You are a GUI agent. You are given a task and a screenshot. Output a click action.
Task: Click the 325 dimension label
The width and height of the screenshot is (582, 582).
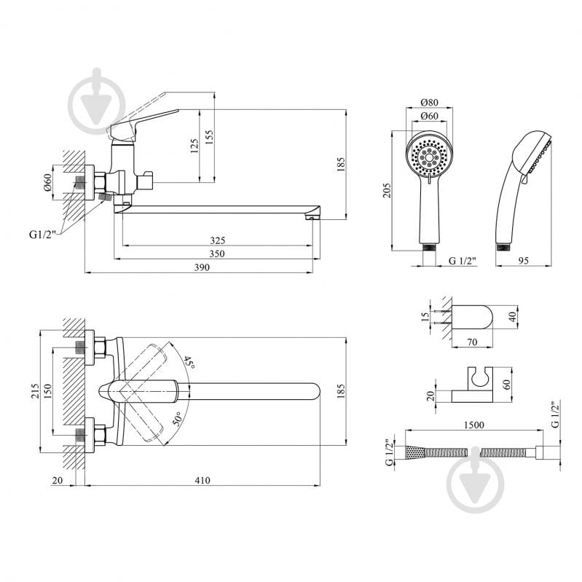(217, 240)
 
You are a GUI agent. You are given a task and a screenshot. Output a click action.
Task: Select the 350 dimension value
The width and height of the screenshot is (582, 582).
(217, 253)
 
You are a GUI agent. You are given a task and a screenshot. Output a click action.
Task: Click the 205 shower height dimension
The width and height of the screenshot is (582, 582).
(388, 190)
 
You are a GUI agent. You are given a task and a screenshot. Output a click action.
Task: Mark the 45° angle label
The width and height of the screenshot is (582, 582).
(189, 363)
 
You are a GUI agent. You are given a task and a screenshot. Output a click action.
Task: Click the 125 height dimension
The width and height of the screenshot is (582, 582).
(194, 147)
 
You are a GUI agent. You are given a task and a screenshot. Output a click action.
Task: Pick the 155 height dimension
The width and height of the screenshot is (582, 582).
(210, 138)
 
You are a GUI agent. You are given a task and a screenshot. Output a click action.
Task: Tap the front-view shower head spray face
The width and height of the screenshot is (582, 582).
(430, 156)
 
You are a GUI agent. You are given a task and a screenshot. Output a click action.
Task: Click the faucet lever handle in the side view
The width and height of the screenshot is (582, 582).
(146, 121)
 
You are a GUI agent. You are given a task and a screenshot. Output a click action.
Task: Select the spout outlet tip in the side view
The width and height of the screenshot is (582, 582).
(313, 214)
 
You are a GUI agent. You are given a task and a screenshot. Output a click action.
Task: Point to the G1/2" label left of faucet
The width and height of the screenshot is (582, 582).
(42, 234)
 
